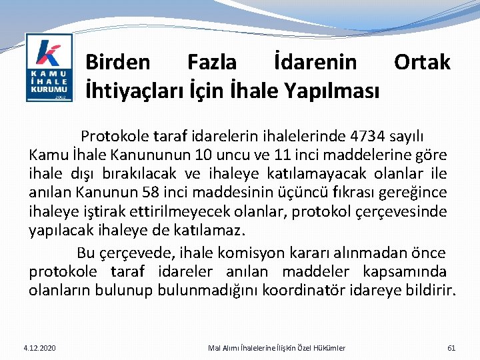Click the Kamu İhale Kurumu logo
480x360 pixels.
49,67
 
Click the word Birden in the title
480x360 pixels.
118,63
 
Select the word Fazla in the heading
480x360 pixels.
212,63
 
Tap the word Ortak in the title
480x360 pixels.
422,63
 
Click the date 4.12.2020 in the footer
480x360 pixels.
39,347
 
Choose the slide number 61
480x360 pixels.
451,347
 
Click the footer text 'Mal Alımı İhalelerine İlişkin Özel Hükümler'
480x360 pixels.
277,347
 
